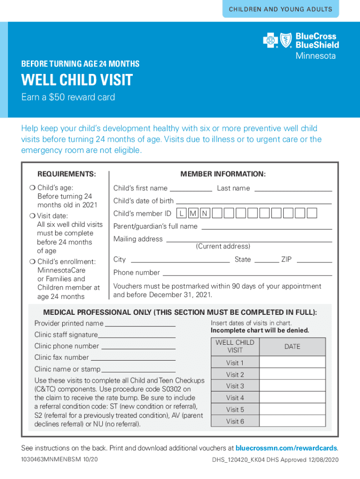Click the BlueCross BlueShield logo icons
[x=276, y=41]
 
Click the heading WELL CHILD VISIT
[x=77, y=80]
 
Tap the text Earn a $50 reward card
[x=68, y=97]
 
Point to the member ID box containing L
[x=181, y=214]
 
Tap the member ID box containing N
[x=204, y=214]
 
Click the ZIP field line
[x=314, y=261]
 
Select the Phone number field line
[x=247, y=274]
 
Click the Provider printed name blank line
[x=140, y=324]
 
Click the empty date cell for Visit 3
[x=292, y=386]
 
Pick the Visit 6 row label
[x=235, y=421]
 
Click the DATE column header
[x=292, y=347]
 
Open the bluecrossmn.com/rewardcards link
[x=286, y=448]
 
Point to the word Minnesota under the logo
[x=315, y=56]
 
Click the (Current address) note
[x=223, y=246]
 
